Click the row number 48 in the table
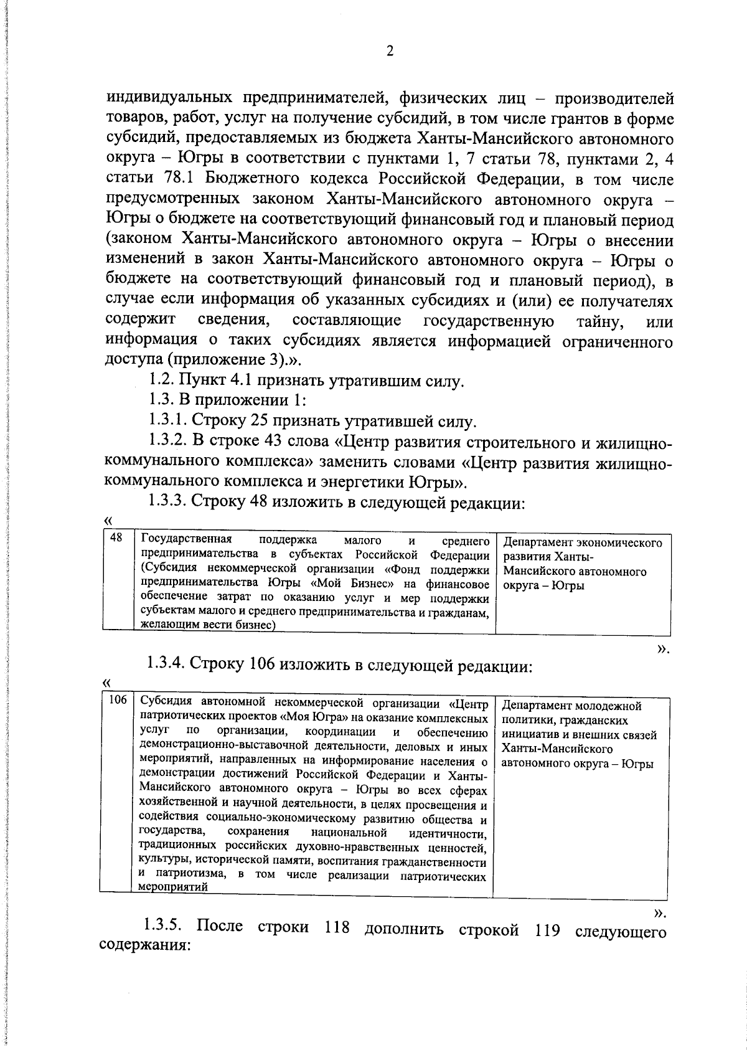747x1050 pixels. pyautogui.click(x=116, y=539)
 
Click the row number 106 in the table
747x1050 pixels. pyautogui.click(x=118, y=701)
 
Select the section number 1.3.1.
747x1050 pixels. pyautogui.click(x=169, y=422)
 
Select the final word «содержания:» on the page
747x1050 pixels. pyautogui.click(x=144, y=946)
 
